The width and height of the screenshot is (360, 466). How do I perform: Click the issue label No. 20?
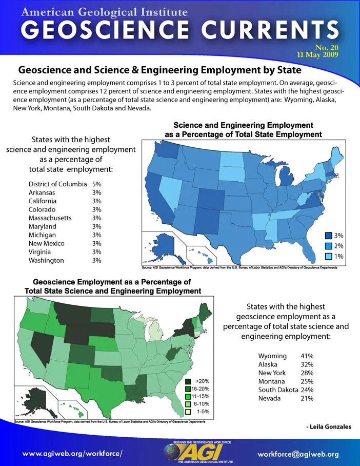pos(327,48)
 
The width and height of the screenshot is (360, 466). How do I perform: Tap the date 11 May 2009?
pos(317,55)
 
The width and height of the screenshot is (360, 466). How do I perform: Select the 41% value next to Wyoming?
pos(307,356)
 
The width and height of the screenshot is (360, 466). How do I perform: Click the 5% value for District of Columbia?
pos(96,184)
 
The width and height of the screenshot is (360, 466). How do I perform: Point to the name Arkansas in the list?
pos(42,192)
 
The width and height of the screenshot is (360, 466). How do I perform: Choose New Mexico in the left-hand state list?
pos(46,243)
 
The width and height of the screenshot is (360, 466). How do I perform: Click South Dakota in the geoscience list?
pos(278,390)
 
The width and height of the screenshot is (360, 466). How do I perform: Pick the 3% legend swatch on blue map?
pos(328,236)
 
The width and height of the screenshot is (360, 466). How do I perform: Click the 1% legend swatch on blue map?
pos(328,256)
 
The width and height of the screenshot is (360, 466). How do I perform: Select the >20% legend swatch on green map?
pos(188,381)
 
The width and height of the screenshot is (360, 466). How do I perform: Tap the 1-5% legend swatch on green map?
pos(188,412)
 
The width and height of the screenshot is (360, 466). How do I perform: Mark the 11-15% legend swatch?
pos(188,396)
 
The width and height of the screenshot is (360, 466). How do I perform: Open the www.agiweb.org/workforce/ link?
pos(72,454)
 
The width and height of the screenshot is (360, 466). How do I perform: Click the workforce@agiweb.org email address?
pos(298,454)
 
